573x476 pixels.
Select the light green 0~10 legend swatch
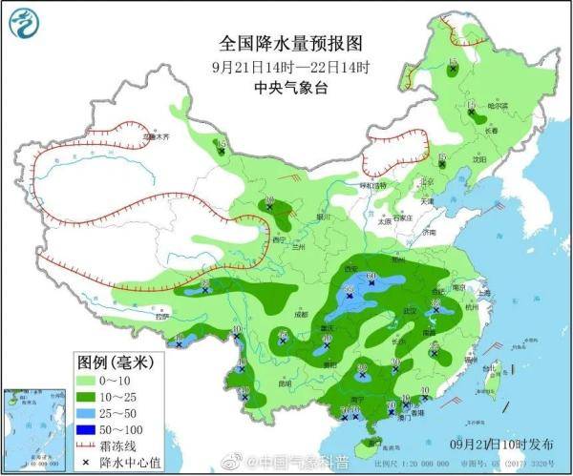[90, 380]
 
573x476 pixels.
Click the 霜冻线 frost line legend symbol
[90, 445]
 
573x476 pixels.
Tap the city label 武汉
[413, 311]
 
